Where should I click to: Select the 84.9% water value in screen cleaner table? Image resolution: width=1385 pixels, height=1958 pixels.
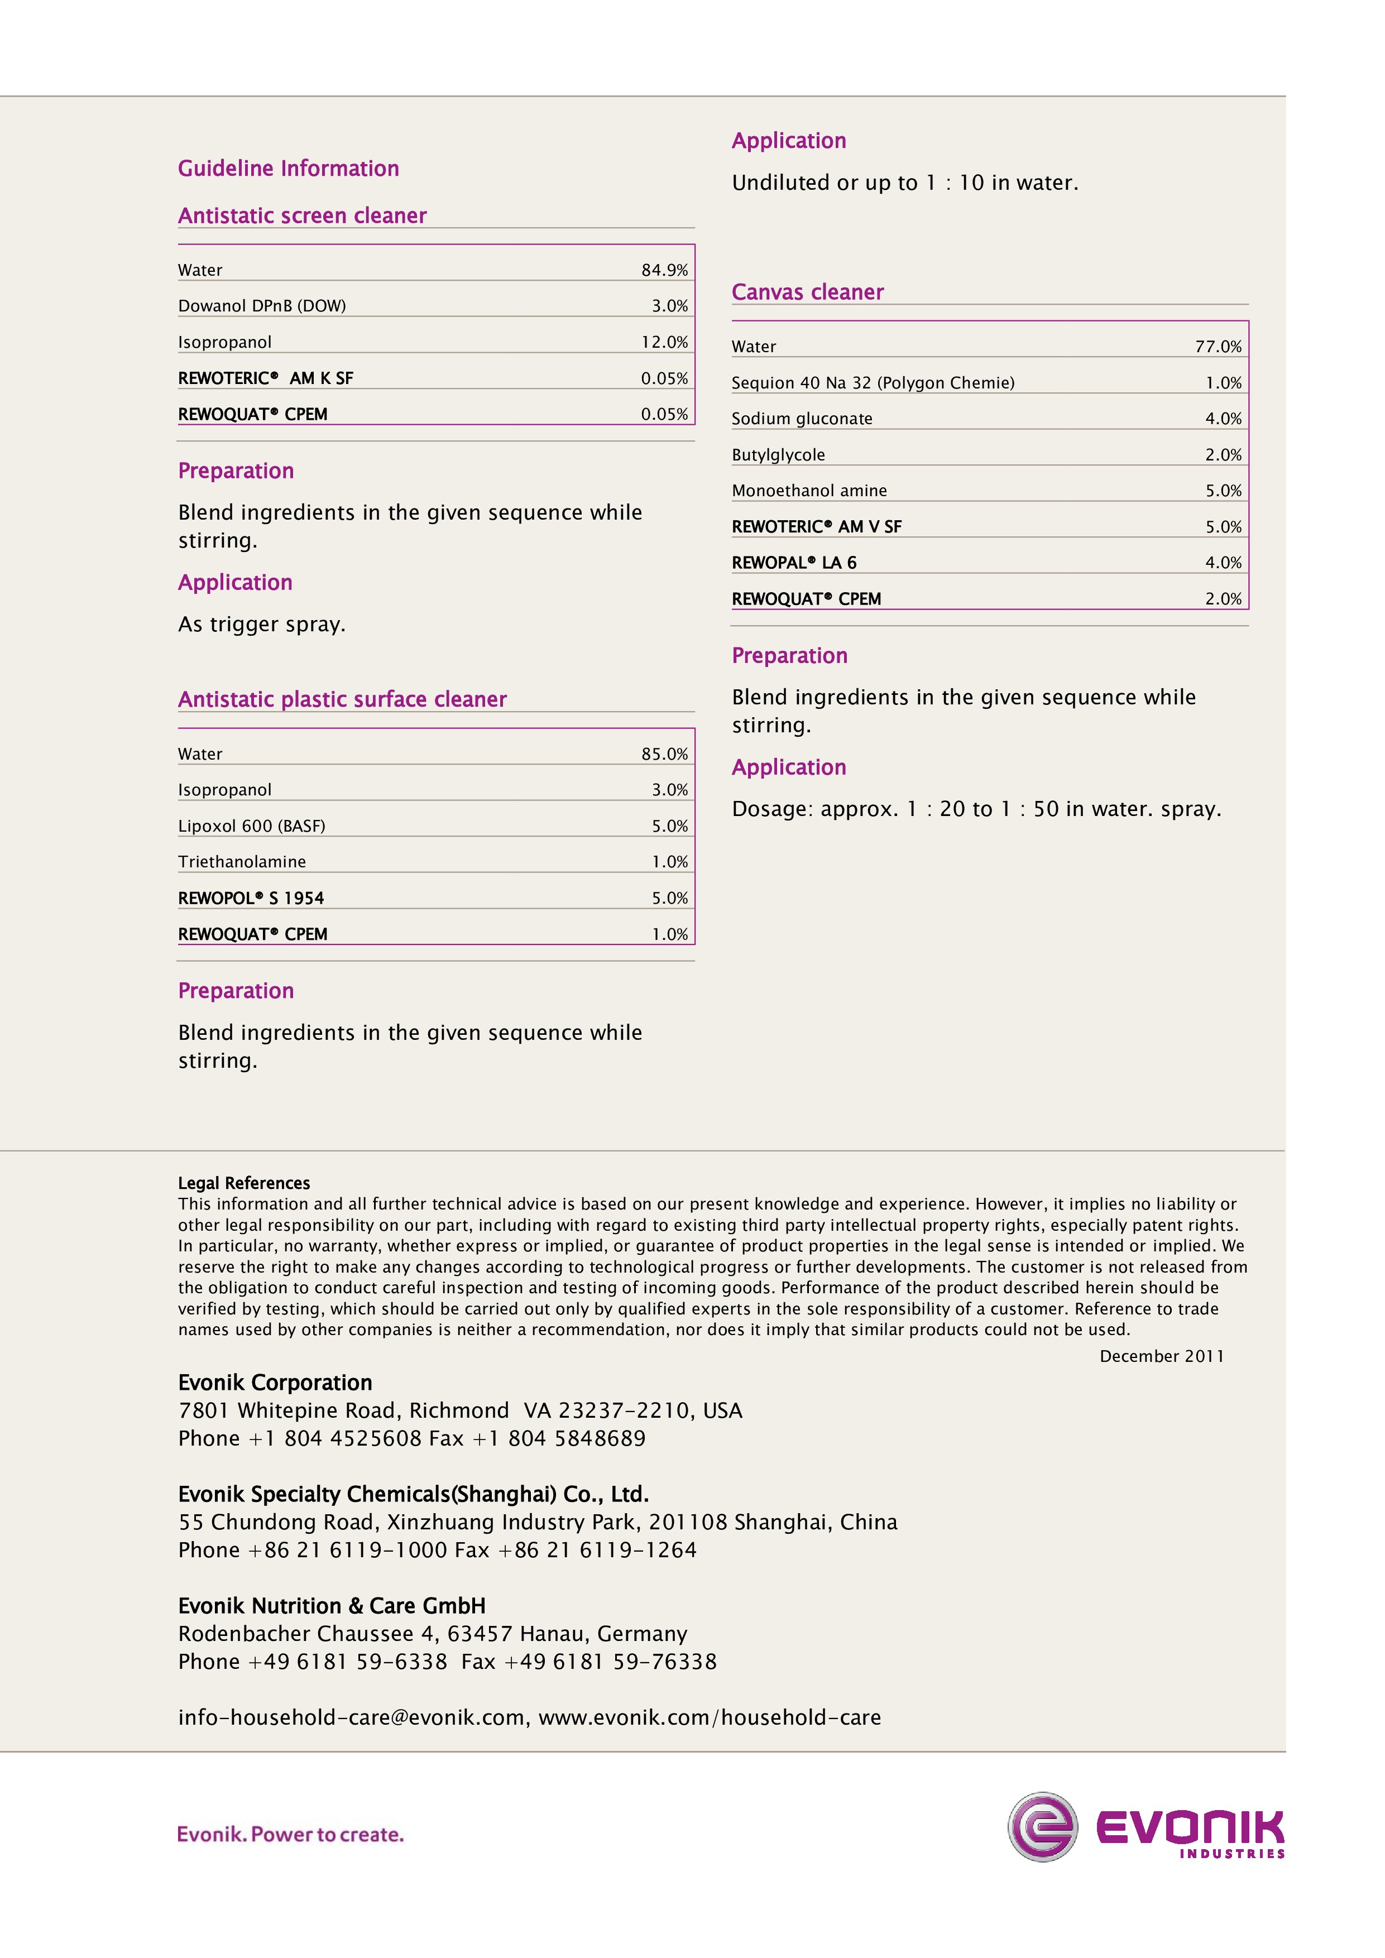click(x=664, y=270)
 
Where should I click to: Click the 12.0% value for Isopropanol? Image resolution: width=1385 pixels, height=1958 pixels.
click(x=664, y=342)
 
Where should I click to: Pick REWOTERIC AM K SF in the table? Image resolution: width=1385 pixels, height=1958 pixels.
click(x=265, y=378)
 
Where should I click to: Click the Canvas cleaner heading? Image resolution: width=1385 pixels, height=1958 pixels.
click(x=807, y=292)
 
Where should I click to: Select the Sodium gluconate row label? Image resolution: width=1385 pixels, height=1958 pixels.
click(x=802, y=418)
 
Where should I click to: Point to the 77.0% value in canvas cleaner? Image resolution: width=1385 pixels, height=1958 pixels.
click(x=1218, y=346)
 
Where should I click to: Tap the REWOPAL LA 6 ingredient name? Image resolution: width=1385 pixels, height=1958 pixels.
click(x=793, y=562)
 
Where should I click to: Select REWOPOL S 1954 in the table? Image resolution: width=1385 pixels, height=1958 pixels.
click(x=251, y=898)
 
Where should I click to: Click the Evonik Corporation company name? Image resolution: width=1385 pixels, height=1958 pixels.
click(x=275, y=1383)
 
